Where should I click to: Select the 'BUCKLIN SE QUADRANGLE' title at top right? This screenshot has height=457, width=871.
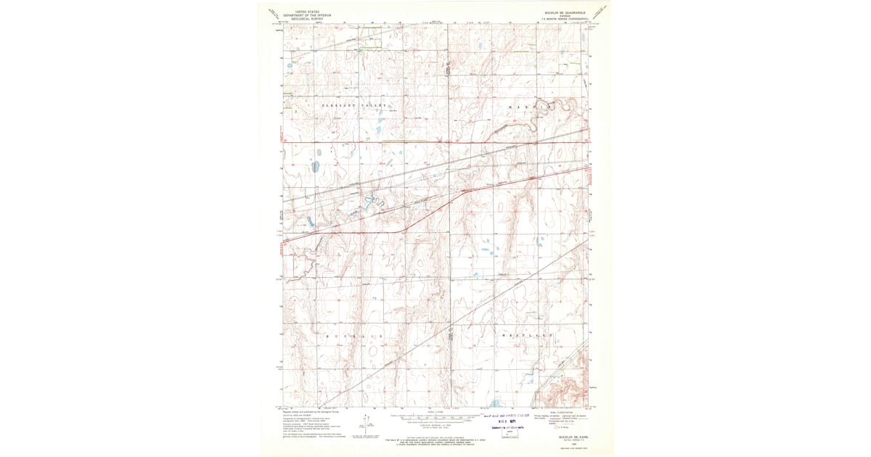tap(565, 12)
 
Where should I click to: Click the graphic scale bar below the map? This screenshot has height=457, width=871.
tap(435, 419)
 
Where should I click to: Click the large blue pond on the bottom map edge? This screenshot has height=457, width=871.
tap(495, 403)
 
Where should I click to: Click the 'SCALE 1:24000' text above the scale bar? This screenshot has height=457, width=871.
tap(435, 411)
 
